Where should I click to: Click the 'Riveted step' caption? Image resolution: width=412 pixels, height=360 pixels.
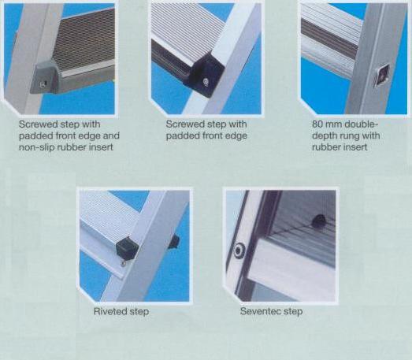[x=121, y=312]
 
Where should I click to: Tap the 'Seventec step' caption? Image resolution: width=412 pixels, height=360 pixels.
[x=271, y=312]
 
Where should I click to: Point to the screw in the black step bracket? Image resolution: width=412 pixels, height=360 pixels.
[x=206, y=81]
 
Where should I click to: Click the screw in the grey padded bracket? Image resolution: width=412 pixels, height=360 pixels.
[x=43, y=84]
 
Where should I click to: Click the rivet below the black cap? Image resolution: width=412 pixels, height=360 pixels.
[x=123, y=264]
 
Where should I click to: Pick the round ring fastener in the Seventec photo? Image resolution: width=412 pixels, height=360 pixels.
[x=239, y=251]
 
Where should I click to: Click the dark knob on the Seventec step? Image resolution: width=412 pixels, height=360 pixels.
[x=318, y=221]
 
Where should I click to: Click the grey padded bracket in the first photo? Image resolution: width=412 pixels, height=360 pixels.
[x=46, y=76]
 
